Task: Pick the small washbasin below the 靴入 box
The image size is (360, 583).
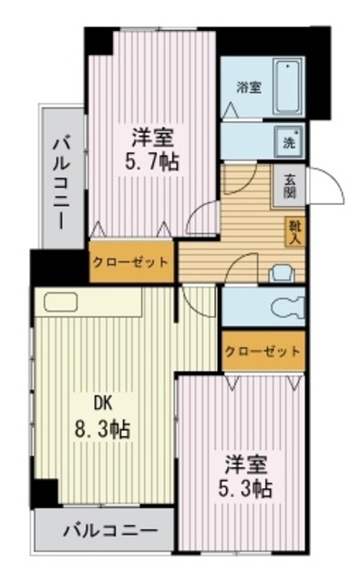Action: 283,271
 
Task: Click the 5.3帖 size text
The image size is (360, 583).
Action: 243,487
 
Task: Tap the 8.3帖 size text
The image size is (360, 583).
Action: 103,429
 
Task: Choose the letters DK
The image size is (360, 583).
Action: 102,403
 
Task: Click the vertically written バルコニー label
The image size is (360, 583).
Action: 61,181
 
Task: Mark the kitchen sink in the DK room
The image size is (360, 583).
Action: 61,303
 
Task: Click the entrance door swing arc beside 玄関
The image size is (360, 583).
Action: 331,189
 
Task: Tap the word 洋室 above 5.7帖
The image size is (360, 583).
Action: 151,137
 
